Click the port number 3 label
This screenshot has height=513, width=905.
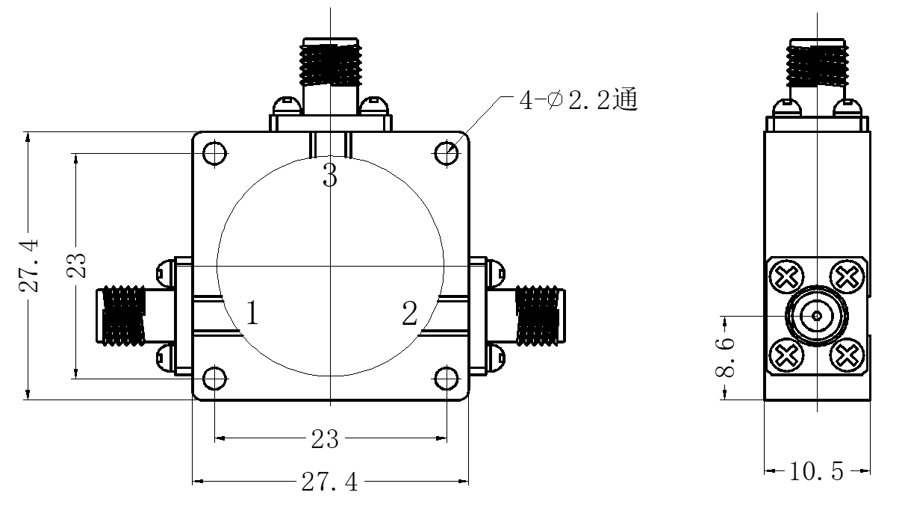[330, 175]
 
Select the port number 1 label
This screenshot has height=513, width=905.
[252, 312]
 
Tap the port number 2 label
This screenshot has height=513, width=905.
[409, 313]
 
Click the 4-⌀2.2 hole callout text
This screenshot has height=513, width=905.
[579, 99]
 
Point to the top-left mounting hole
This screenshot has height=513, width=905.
[214, 154]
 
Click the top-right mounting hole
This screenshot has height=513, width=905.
[447, 154]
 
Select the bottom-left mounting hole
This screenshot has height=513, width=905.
[214, 379]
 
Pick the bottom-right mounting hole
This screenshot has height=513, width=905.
[447, 379]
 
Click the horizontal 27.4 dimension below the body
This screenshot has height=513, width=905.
[330, 482]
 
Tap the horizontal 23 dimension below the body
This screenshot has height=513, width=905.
[325, 438]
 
